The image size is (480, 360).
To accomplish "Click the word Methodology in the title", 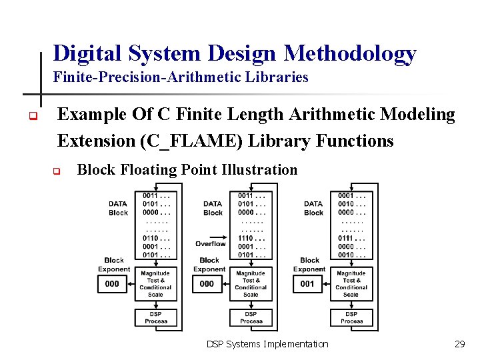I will click(x=351, y=53).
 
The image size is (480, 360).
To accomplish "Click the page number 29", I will click(x=459, y=344).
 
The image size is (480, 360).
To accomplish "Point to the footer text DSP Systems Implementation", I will click(x=267, y=344).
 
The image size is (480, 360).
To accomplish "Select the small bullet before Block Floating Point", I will click(x=57, y=171).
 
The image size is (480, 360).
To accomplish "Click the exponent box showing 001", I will click(x=307, y=284).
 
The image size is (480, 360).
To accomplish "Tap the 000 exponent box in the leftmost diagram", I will click(x=112, y=284).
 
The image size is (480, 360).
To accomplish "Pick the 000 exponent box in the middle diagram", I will click(x=207, y=284).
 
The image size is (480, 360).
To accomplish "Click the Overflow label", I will click(x=211, y=243).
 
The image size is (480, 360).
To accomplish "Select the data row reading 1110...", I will click(x=251, y=237).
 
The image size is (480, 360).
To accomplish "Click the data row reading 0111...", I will click(x=351, y=237).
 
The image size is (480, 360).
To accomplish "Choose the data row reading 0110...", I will click(x=156, y=237).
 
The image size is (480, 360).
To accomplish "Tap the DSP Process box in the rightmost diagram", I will click(x=351, y=317).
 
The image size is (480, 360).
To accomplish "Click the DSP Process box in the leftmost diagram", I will click(x=156, y=317).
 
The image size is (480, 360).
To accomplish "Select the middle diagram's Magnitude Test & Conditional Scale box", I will click(x=251, y=284).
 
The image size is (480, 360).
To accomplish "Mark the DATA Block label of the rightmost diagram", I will click(x=313, y=208).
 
